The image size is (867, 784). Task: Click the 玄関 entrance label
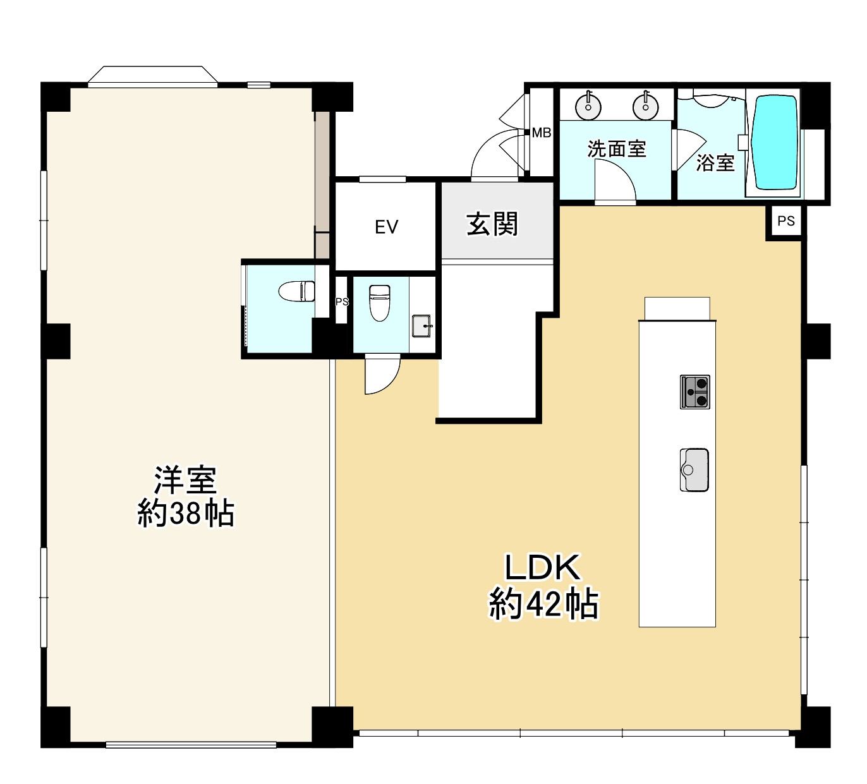coord(492,224)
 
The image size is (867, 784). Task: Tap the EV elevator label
coord(386,227)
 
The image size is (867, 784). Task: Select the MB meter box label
coord(541,133)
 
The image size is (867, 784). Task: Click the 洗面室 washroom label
coord(616,149)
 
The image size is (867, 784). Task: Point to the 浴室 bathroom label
coord(715,163)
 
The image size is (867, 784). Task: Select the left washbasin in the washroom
coord(588,106)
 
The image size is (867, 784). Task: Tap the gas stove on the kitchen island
coord(695,392)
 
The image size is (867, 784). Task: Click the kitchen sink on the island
coord(694,469)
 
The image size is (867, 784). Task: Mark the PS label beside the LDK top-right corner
coord(785,221)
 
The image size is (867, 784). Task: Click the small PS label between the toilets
coord(342,302)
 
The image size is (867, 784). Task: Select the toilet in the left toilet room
coord(297,291)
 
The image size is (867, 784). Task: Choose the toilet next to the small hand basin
coord(379,302)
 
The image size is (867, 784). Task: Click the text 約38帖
coord(186,514)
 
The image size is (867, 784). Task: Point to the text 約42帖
coord(543,605)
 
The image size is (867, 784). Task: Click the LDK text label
coord(542,567)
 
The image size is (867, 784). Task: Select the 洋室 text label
coord(186,480)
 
